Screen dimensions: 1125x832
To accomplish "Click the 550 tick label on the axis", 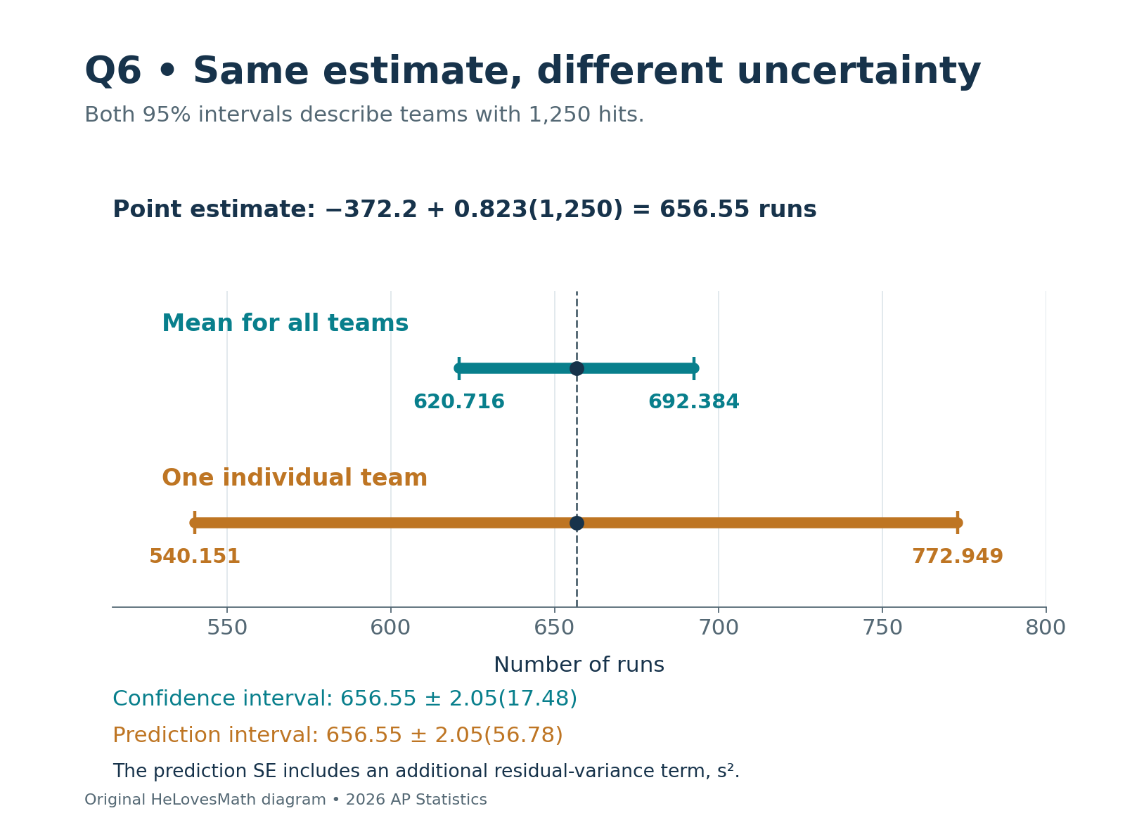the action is tap(226, 628).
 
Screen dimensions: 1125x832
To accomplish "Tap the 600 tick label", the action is tap(390, 628).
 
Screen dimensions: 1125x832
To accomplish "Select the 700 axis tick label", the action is tap(718, 628).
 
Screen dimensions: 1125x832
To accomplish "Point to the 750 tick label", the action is tap(882, 628).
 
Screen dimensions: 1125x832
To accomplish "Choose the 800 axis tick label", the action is tap(1046, 628).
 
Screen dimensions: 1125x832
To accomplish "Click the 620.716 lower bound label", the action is tap(459, 401).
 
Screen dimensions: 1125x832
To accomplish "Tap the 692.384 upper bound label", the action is tap(693, 401).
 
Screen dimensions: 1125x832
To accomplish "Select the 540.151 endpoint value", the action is tap(194, 556).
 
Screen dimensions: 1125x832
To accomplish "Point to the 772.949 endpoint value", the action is tap(957, 556).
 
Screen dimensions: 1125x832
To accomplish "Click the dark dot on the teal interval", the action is tap(576, 368).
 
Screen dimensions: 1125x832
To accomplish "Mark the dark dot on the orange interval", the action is tap(576, 522).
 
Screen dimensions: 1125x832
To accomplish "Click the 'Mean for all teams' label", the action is tap(285, 323).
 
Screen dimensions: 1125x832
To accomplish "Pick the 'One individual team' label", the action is tap(294, 478).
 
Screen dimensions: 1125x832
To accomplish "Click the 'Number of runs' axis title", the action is tap(579, 665).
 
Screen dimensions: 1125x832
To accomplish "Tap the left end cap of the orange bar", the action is tap(194, 522).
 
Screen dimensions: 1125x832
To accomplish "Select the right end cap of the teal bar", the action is tap(694, 368).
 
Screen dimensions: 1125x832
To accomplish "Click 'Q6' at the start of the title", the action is tap(112, 71).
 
